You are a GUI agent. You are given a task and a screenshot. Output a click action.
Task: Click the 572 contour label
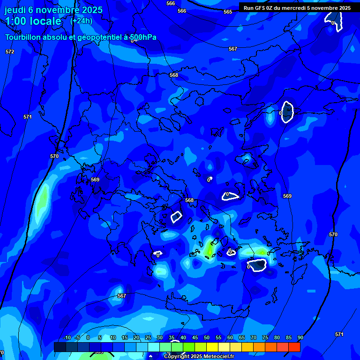pyautogui.click(x=10, y=52)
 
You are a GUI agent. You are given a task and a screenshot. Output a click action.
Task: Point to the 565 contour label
pyautogui.click(x=228, y=12)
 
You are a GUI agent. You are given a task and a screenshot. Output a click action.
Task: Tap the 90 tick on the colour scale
pyautogui.click(x=300, y=337)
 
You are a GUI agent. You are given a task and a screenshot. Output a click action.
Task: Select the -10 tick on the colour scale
pyautogui.click(x=67, y=337)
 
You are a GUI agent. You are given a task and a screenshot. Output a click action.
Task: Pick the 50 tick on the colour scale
pyautogui.click(x=207, y=337)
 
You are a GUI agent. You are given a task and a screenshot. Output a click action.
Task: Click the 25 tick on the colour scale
pyautogui.click(x=148, y=337)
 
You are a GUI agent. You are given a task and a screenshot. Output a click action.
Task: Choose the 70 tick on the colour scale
pyautogui.click(x=254, y=337)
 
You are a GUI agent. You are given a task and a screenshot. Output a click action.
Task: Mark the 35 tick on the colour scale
pyautogui.click(x=172, y=337)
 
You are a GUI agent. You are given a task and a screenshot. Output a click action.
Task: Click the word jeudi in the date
pyautogui.click(x=15, y=10)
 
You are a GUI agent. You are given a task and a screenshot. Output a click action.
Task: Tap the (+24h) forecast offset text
pyautogui.click(x=81, y=21)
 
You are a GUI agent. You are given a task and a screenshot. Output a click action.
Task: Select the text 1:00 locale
pyautogui.click(x=33, y=21)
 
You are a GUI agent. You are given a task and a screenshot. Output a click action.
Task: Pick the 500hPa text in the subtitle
pyautogui.click(x=142, y=37)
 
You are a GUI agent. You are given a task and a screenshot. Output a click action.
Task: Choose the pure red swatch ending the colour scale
pyautogui.click(x=294, y=347)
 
